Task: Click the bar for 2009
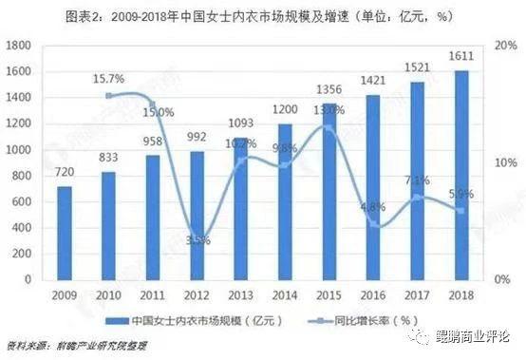64,233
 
